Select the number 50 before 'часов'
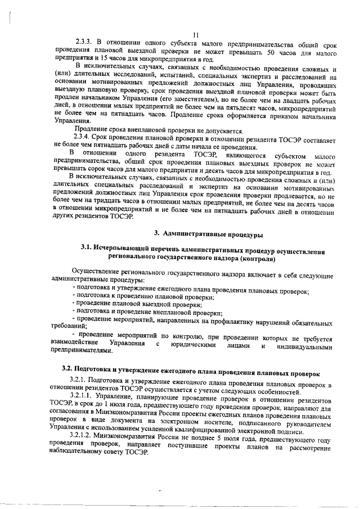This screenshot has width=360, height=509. (270, 52)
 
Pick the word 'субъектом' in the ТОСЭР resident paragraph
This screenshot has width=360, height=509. (280, 154)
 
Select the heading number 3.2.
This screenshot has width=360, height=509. (69, 374)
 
